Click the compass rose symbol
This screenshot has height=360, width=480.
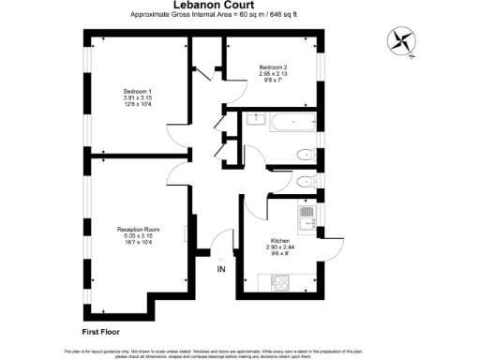pyautogui.click(x=402, y=41)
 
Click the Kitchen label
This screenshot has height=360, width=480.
pyautogui.click(x=280, y=240)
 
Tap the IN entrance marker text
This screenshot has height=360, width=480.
pyautogui.click(x=221, y=270)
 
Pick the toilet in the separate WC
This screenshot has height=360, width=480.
pyautogui.click(x=304, y=183)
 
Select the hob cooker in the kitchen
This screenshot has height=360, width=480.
pyautogui.click(x=279, y=281)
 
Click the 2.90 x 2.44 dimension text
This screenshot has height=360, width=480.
pyautogui.click(x=280, y=247)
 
